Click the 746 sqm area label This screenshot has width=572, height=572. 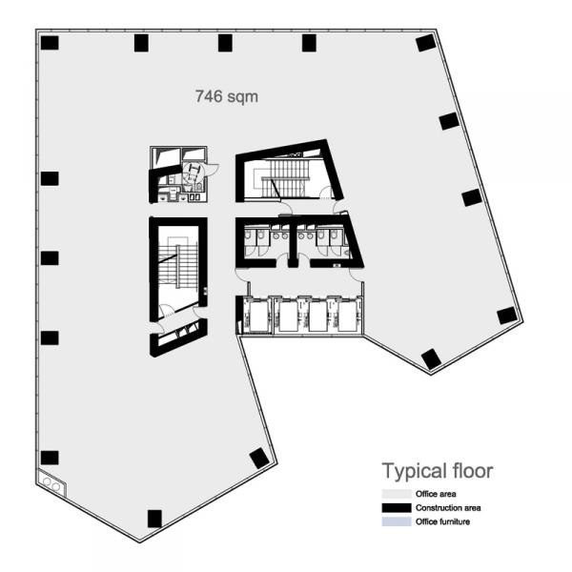(227, 96)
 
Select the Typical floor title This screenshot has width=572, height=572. (438, 471)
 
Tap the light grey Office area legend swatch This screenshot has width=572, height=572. (397, 494)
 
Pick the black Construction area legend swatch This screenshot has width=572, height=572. (397, 508)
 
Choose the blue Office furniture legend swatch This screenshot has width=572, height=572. (397, 521)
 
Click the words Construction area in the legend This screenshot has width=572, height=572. (448, 508)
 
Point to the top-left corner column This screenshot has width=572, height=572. (50, 43)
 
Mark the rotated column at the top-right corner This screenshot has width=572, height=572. (426, 43)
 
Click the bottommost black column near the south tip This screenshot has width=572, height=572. (154, 519)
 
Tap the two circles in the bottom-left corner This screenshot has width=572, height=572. (51, 484)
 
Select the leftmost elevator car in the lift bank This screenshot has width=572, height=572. (259, 317)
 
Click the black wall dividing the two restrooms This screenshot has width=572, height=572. (293, 242)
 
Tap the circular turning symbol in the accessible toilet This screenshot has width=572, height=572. (193, 173)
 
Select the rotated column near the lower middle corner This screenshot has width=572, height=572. (259, 459)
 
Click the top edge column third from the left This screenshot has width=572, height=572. (225, 43)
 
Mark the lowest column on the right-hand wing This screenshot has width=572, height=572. (431, 359)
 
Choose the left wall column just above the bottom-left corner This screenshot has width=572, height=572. (50, 458)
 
